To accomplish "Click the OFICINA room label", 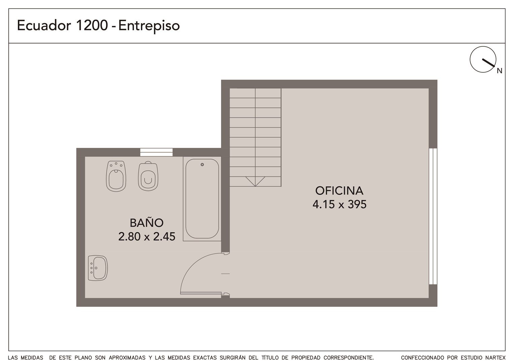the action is point(339,191).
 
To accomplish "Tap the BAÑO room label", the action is point(147,223).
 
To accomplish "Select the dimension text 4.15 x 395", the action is point(339,204).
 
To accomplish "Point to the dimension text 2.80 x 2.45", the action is point(147,236).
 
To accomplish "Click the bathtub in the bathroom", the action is point(202,199).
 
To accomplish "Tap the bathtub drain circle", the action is point(202,165).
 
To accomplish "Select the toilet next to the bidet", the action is point(148,176).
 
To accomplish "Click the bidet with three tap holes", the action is point(116,176).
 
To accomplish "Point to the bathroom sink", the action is point(98,268).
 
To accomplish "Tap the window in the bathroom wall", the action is point(156,152).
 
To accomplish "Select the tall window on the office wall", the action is point(433,216).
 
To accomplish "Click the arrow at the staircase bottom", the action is point(255,181).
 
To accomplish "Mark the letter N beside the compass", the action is point(500,71).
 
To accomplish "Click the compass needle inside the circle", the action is point(488,63).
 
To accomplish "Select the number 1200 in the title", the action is point(91,25).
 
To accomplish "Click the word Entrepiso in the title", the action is point(149,26).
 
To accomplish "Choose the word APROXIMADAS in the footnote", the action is point(127,358).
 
